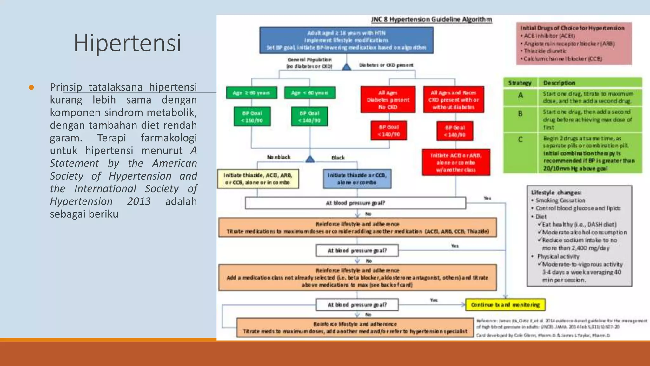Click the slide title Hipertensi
pos(127,43)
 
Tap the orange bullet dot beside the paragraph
pos(31,87)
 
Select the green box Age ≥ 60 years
pos(251,93)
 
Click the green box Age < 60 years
pos(310,93)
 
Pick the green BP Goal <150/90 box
pos(252,117)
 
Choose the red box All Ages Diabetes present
pos(388,100)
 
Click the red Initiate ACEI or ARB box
pos(456,162)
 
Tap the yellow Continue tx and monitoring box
pos(505,305)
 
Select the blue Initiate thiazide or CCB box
pos(357,179)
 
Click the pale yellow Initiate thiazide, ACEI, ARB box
pos(258,179)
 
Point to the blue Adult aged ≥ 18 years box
pos(346,40)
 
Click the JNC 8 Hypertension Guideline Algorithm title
pos(431,19)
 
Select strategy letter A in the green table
pos(521,95)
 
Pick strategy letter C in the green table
pos(520,139)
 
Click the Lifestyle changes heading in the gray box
pos(556,193)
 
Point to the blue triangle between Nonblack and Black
pos(310,159)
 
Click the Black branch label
pos(338,158)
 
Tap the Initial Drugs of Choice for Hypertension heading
pos(572,28)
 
